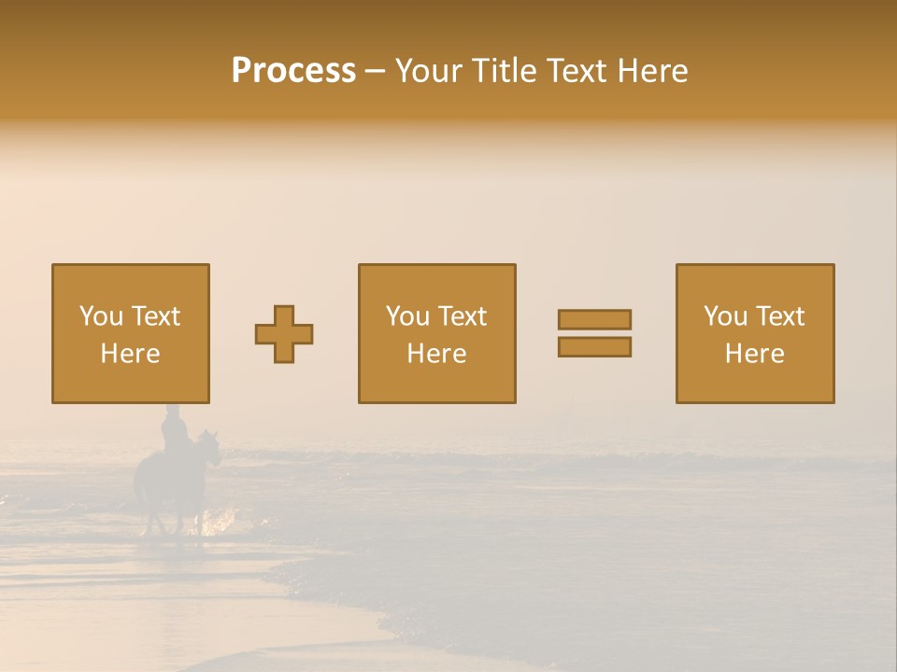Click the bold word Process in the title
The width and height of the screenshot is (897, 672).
[293, 71]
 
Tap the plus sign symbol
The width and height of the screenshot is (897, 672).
[284, 334]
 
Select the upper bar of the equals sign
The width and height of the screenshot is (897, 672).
[594, 319]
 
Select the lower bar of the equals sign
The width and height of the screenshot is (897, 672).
[594, 347]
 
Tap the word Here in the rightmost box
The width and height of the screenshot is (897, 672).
[754, 354]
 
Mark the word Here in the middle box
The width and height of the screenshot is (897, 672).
[436, 354]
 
